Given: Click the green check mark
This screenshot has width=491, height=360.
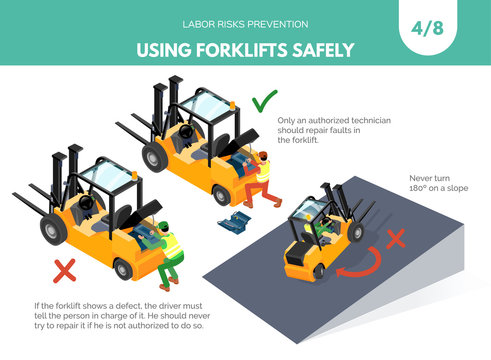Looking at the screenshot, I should click(264, 102).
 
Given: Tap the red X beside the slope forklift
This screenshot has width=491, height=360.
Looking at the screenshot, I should click(396, 238).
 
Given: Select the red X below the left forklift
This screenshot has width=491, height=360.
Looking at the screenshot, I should click(65, 269).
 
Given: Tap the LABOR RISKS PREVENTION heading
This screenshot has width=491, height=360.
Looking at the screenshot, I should click(245, 22).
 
